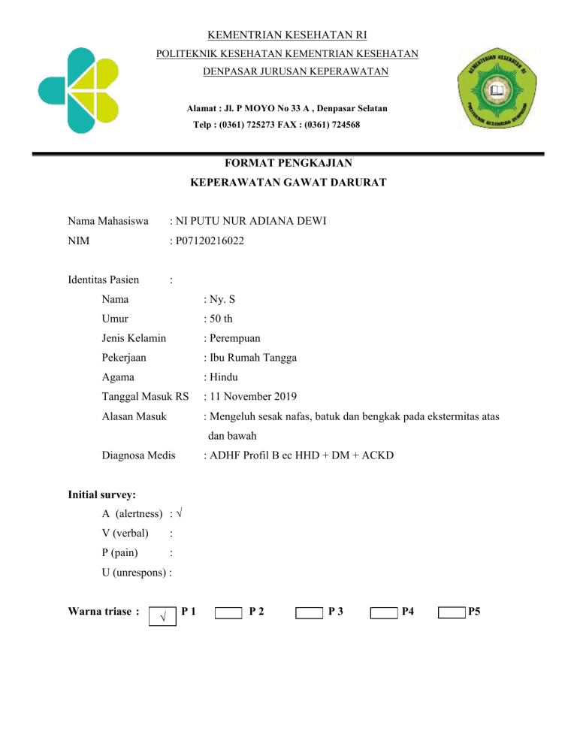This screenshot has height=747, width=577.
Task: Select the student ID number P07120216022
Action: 210,241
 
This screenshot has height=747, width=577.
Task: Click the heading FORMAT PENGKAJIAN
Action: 288,162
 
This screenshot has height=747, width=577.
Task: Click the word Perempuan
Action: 235,338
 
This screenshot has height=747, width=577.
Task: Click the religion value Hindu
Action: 223,378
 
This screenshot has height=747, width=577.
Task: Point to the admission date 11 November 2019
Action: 252,398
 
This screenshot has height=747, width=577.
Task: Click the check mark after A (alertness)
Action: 183,514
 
